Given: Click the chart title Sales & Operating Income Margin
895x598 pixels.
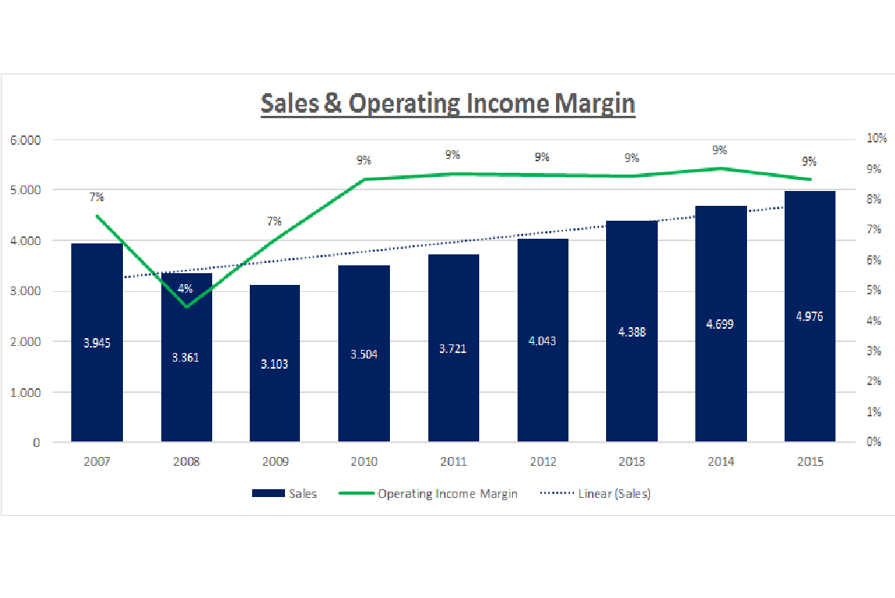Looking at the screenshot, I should (447, 103).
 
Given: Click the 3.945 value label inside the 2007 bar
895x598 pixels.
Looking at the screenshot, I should (97, 342).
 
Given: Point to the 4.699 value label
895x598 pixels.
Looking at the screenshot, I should (720, 323).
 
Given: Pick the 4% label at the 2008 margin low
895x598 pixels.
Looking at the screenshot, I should (186, 288).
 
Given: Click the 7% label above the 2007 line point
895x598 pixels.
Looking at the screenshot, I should (96, 196).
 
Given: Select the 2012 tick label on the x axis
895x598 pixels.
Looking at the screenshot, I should (543, 462).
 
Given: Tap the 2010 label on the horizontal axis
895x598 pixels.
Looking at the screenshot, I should (364, 462).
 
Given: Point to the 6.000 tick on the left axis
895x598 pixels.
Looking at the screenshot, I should (25, 140).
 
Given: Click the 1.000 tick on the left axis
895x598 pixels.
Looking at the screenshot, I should (25, 392).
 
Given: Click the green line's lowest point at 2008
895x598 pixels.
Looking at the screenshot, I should (186, 306).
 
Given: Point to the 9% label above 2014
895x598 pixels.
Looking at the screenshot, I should (720, 150).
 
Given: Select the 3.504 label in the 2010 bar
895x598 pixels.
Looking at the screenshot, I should (364, 354).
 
